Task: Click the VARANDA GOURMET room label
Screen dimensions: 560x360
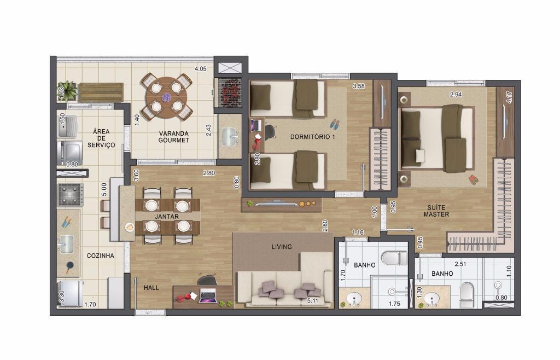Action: pyautogui.click(x=173, y=137)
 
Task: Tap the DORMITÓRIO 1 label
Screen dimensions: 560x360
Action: pyautogui.click(x=312, y=137)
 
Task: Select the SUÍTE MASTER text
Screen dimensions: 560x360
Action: pyautogui.click(x=436, y=211)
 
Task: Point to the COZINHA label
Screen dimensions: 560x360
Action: pyautogui.click(x=101, y=256)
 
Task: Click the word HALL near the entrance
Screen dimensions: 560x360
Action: pyautogui.click(x=151, y=287)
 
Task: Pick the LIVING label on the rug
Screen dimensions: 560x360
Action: pyautogui.click(x=282, y=246)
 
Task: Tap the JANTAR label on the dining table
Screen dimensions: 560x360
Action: pyautogui.click(x=167, y=217)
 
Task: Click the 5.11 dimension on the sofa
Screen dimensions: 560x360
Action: pyautogui.click(x=312, y=301)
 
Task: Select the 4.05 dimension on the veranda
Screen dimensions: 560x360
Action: pyautogui.click(x=200, y=69)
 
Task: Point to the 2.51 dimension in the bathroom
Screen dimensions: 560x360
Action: pyautogui.click(x=460, y=264)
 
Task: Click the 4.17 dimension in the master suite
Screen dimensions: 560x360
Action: pyautogui.click(x=509, y=97)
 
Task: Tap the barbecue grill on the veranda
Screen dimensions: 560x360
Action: pyautogui.click(x=230, y=92)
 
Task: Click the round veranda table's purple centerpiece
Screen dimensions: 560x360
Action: pyautogui.click(x=166, y=97)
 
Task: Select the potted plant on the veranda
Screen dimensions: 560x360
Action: pyautogui.click(x=68, y=90)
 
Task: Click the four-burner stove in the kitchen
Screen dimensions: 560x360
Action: pyautogui.click(x=71, y=195)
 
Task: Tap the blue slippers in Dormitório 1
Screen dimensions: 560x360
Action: pyautogui.click(x=334, y=124)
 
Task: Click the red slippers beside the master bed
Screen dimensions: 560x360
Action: pyautogui.click(x=473, y=179)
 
